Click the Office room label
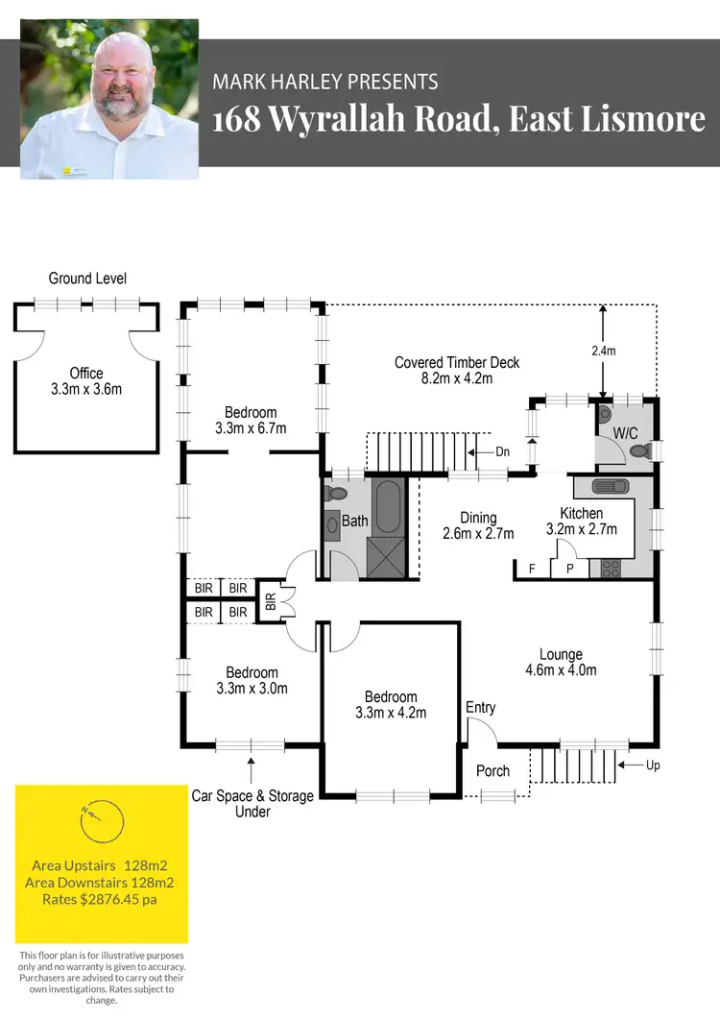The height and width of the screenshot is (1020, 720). click(86, 381)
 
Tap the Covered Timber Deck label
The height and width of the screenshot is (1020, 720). click(457, 370)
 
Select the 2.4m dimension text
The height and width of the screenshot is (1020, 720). click(602, 352)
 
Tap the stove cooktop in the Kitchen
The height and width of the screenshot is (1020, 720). click(611, 568)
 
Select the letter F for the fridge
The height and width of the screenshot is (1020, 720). click(532, 569)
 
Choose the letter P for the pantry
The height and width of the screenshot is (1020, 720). click(569, 569)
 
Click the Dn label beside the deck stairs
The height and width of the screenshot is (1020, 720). click(503, 451)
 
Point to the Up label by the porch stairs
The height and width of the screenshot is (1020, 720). click(654, 765)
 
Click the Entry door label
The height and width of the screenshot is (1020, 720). click(480, 708)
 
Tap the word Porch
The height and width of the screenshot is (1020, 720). click(493, 770)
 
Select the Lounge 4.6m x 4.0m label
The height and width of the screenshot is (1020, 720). click(562, 663)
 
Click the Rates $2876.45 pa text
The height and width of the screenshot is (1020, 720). click(101, 900)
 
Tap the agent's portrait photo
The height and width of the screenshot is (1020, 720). click(109, 98)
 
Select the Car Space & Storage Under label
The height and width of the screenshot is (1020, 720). click(252, 803)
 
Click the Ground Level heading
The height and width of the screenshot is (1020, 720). click(87, 279)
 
